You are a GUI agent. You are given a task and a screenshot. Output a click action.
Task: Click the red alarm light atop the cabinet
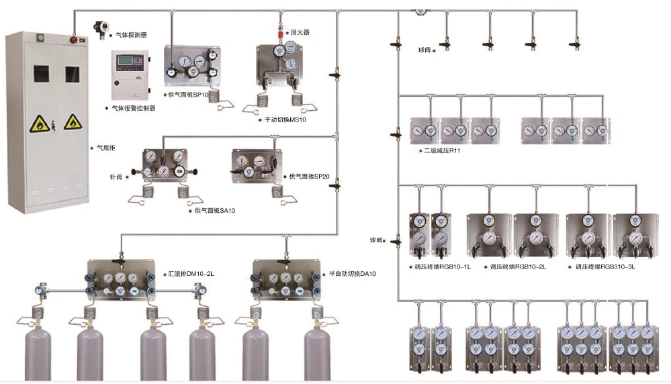(x=74, y=38)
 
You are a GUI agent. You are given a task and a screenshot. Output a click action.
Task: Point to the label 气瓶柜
(x=106, y=146)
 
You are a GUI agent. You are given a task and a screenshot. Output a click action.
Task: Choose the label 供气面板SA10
(x=215, y=210)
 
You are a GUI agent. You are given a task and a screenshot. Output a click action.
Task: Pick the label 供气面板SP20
(x=309, y=177)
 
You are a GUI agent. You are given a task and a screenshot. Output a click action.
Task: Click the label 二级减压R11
(x=442, y=150)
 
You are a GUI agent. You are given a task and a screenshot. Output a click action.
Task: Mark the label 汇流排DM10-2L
(x=189, y=274)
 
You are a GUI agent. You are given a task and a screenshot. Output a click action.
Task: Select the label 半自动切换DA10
(x=353, y=274)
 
